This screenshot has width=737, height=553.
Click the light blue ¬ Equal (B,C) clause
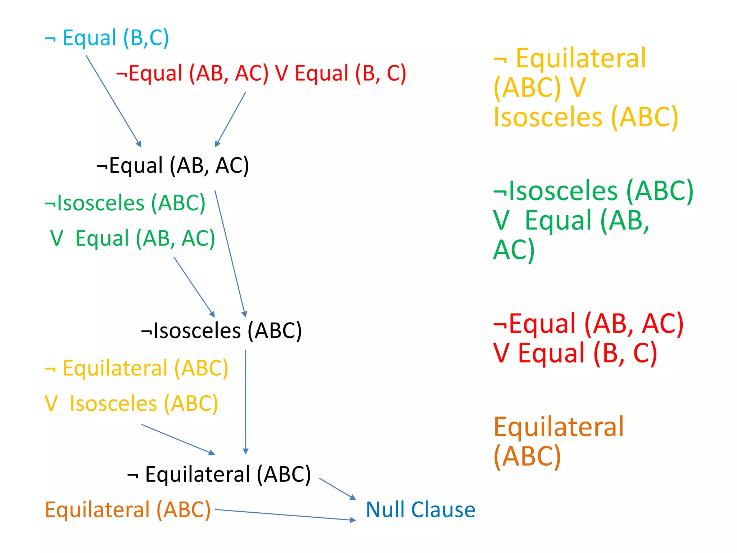(107, 38)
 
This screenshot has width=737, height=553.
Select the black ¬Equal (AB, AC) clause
(173, 166)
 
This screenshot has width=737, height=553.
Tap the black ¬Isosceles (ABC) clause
(221, 331)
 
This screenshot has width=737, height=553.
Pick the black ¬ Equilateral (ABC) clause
(219, 474)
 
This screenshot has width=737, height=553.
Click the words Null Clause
(420, 509)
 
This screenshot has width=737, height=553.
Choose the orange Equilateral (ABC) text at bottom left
(128, 510)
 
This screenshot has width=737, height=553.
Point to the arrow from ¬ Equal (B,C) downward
(113, 101)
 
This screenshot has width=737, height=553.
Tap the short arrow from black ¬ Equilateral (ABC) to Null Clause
(337, 489)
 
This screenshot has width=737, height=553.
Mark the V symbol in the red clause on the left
(281, 73)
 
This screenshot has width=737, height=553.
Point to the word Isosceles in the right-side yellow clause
(548, 117)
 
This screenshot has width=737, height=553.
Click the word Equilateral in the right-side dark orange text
(559, 427)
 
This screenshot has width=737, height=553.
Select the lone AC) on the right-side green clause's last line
(514, 250)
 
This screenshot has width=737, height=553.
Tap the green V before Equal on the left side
(57, 238)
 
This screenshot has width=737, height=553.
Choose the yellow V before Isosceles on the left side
(51, 403)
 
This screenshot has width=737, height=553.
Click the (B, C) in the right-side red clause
(625, 353)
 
